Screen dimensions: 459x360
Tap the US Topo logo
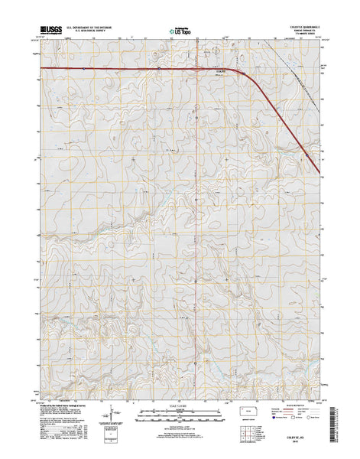(180, 32)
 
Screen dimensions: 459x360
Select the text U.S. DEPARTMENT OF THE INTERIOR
(91, 28)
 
